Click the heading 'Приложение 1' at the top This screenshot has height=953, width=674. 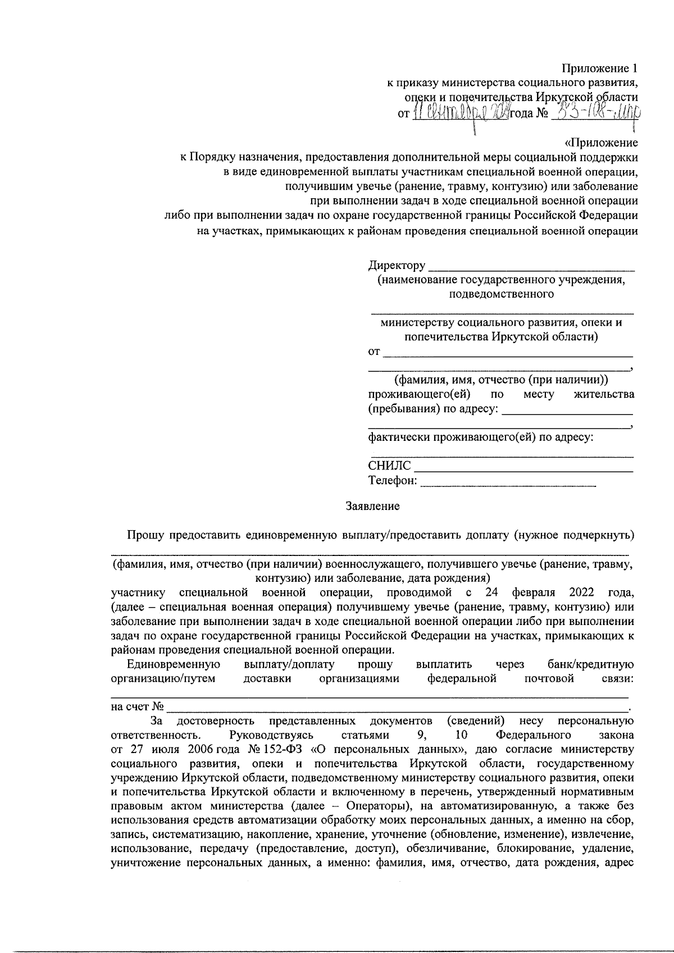click(600, 69)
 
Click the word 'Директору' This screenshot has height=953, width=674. click(397, 265)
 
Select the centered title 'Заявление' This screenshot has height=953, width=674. click(372, 507)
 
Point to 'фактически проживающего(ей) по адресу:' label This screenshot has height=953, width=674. click(481, 437)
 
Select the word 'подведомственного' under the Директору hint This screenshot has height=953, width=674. click(502, 294)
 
